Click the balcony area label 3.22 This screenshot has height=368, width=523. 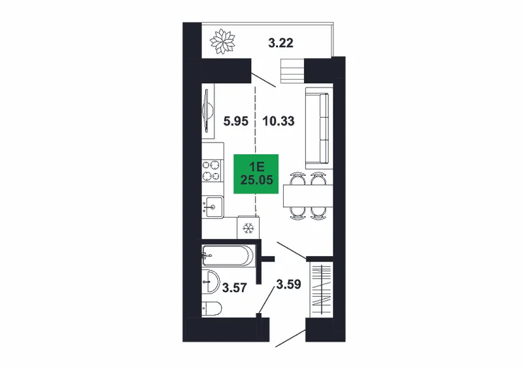[x=281, y=43]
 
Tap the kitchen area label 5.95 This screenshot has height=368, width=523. [x=236, y=121]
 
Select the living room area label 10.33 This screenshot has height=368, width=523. [x=278, y=121]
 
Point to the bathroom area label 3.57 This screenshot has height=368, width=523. [x=235, y=287]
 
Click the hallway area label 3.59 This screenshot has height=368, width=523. [x=288, y=284]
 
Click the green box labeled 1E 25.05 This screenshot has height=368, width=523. [x=256, y=174]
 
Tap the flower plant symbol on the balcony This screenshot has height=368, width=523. [x=222, y=41]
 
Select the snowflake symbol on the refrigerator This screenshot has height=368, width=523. [x=248, y=228]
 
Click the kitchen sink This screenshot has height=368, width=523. [x=212, y=207]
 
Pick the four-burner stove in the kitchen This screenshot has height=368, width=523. [x=212, y=171]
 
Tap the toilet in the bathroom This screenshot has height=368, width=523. [x=212, y=309]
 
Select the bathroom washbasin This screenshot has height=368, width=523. [x=211, y=281]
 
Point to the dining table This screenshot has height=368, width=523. [x=308, y=196]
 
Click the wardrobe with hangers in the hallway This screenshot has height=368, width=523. [x=322, y=290]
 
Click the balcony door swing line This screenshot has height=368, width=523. [x=263, y=80]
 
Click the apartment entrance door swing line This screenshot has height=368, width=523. [x=290, y=339]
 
